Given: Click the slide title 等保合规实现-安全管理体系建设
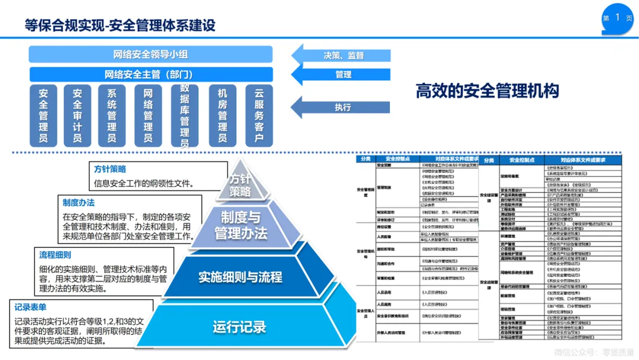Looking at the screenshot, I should (120, 25).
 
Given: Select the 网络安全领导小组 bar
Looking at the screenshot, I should (151, 55).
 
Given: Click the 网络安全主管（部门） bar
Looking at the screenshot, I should (151, 75).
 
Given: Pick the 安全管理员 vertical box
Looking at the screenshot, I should (43, 115).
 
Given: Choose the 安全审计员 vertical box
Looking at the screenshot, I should (77, 115).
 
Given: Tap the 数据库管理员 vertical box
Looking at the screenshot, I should (185, 115).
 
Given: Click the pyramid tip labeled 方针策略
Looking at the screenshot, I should (240, 184).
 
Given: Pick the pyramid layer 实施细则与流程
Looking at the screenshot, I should (240, 277).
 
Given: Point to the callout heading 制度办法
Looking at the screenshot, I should (76, 202).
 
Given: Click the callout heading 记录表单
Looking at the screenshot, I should (30, 307).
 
